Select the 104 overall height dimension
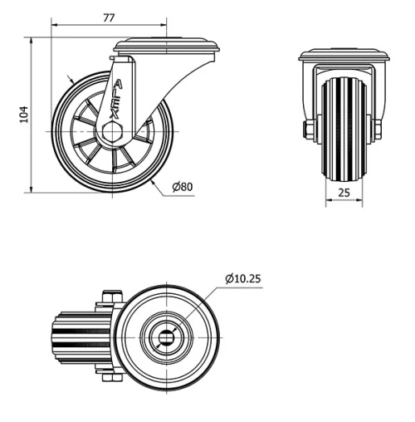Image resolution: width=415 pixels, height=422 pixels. click(x=23, y=115)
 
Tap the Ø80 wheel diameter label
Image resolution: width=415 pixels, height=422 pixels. click(x=183, y=187)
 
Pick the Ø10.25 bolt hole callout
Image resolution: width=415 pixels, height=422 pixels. click(x=242, y=278)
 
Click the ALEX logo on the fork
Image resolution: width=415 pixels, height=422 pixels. click(x=116, y=100)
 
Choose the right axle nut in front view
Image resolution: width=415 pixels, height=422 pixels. click(x=378, y=130)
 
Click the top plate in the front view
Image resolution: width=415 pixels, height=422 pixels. click(x=344, y=56)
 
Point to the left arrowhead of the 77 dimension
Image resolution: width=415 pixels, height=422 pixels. click(x=54, y=24)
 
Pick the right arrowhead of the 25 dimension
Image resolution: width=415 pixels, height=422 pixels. click(x=360, y=202)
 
